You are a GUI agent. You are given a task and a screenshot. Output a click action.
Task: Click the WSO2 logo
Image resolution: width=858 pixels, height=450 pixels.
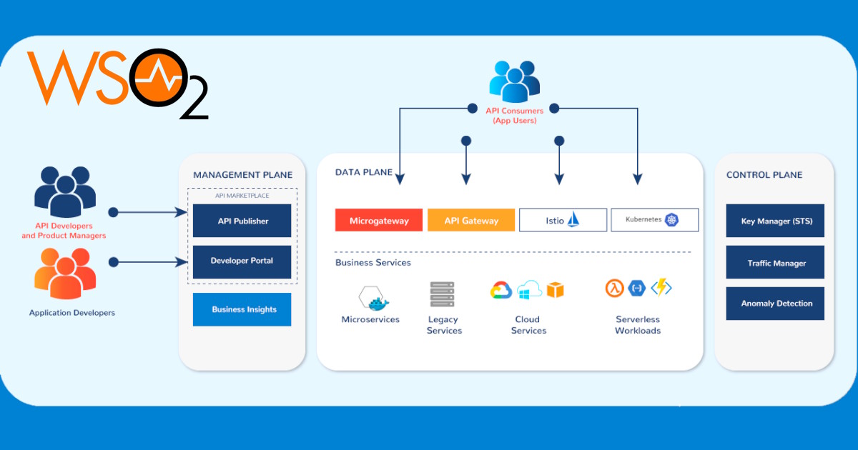tap(118, 82)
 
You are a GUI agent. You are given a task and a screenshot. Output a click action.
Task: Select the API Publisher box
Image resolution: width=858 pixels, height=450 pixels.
tap(242, 221)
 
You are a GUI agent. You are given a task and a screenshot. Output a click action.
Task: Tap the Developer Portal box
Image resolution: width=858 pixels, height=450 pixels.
tap(242, 261)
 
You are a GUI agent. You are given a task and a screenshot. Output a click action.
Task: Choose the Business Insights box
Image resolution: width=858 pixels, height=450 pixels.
tap(242, 309)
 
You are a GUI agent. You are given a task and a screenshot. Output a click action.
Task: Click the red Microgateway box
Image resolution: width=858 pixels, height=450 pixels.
tap(379, 220)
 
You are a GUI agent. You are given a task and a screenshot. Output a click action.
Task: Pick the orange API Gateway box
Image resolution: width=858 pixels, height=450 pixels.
tap(471, 220)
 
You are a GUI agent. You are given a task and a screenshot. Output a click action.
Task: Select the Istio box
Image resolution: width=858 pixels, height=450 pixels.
tap(563, 220)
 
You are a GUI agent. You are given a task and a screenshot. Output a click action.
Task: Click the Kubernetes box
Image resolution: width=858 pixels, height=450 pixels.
tap(654, 220)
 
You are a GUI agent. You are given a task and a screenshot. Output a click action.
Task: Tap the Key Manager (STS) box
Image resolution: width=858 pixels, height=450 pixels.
tap(776, 221)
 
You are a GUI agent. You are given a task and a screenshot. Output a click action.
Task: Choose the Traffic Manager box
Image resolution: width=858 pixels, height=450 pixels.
tap(776, 263)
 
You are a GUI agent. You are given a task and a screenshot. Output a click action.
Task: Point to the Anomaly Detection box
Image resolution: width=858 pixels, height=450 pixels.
tap(776, 304)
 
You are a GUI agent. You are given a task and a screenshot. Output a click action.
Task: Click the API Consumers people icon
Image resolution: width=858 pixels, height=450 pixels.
tap(514, 81)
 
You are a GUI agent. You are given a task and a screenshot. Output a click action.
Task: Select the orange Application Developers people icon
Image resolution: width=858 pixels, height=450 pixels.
tap(64, 274)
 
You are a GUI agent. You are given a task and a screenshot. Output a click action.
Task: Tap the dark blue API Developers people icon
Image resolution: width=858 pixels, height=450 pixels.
tap(64, 191)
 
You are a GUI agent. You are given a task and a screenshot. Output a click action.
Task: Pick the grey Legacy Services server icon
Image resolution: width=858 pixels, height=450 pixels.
tap(443, 294)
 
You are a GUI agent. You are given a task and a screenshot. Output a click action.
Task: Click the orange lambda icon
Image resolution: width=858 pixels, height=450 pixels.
tap(614, 288)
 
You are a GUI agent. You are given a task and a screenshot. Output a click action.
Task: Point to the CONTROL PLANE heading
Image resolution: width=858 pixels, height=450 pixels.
tap(764, 175)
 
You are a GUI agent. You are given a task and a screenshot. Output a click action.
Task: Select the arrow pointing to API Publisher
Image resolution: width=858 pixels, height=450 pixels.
tap(150, 212)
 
